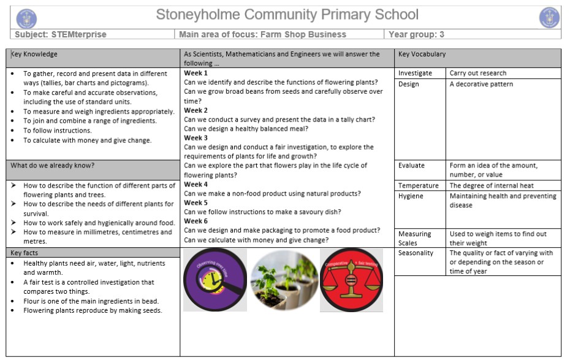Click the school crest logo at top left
26,18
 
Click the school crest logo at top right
549,18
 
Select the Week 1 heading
196,73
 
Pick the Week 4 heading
196,184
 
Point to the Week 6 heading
196,221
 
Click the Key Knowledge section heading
34,54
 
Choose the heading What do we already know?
53,166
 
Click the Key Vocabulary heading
422,54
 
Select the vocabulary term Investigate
415,73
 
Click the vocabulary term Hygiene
411,196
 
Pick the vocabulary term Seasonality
416,253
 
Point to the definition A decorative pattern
481,84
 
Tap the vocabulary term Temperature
419,185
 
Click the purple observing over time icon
215,280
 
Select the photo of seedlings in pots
283,280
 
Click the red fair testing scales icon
351,280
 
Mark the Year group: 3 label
417,34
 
